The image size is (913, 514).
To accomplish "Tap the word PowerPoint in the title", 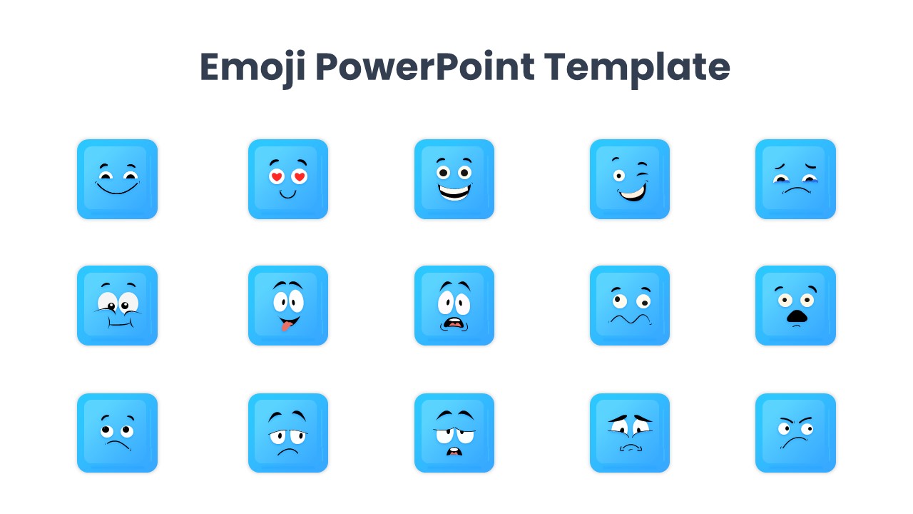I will pyautogui.click(x=424, y=68).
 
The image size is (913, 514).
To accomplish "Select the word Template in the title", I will pyautogui.click(x=637, y=68).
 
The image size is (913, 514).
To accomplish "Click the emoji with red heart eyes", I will pyautogui.click(x=288, y=179).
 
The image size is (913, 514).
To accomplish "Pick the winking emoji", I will pyautogui.click(x=630, y=179).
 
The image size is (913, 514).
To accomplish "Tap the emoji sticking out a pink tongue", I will pyautogui.click(x=288, y=306).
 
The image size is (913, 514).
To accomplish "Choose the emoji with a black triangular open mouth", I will pyautogui.click(x=795, y=306).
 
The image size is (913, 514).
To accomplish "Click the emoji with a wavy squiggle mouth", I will pyautogui.click(x=630, y=306).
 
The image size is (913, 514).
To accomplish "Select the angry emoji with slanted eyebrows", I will pyautogui.click(x=795, y=433).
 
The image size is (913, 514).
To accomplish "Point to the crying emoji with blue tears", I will pyautogui.click(x=795, y=179).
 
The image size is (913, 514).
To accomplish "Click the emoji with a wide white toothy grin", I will pyautogui.click(x=454, y=179).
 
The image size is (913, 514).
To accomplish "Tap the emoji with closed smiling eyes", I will pyautogui.click(x=117, y=179).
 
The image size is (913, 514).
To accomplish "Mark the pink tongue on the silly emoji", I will pyautogui.click(x=285, y=326).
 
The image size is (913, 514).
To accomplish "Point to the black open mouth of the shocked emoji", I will pyautogui.click(x=797, y=317).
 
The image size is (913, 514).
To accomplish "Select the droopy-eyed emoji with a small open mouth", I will pyautogui.click(x=454, y=433).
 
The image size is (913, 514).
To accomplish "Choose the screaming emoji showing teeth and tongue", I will pyautogui.click(x=454, y=306).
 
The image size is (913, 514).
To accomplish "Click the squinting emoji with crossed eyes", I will pyautogui.click(x=117, y=306).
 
